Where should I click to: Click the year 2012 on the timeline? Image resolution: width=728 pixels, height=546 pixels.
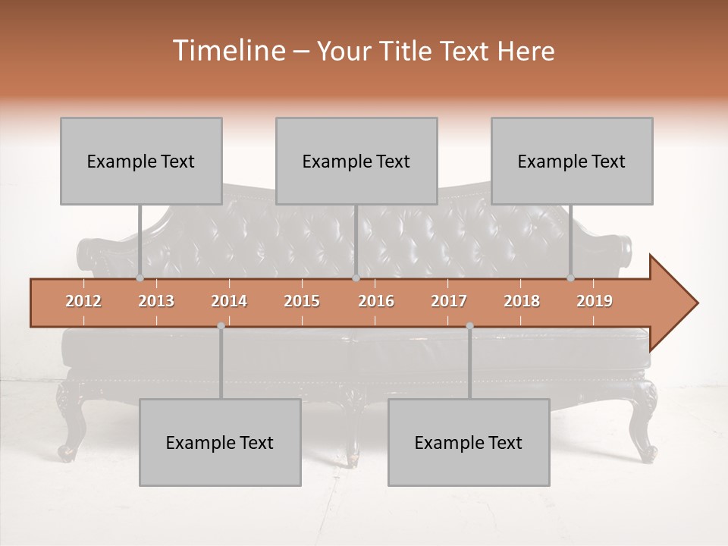click(83, 301)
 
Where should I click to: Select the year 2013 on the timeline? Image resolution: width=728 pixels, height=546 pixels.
click(156, 301)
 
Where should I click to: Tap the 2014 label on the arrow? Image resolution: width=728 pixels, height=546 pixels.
click(229, 301)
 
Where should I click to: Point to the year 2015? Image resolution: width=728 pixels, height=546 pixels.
click(302, 301)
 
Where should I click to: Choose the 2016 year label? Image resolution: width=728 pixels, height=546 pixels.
click(376, 301)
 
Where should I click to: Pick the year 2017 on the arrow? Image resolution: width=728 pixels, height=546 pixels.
click(449, 301)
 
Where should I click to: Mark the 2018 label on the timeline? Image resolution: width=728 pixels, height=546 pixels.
click(522, 301)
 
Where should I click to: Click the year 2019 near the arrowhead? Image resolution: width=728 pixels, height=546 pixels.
click(595, 301)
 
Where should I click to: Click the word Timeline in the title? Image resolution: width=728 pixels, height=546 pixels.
click(227, 51)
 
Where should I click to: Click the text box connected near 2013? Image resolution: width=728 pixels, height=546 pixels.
click(141, 161)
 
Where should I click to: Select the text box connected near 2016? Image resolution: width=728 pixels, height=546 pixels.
click(356, 161)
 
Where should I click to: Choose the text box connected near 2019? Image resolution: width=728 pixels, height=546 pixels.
click(572, 161)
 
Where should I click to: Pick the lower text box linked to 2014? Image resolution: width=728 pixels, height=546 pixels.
click(220, 442)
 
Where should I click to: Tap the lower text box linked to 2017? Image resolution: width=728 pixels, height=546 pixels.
click(469, 442)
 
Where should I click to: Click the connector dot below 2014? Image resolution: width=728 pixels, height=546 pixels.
click(221, 326)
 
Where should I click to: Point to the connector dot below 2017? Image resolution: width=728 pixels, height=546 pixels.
click(469, 326)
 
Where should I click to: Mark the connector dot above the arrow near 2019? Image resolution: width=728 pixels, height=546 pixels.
click(571, 278)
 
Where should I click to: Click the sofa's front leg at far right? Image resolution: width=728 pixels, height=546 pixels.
click(647, 425)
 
